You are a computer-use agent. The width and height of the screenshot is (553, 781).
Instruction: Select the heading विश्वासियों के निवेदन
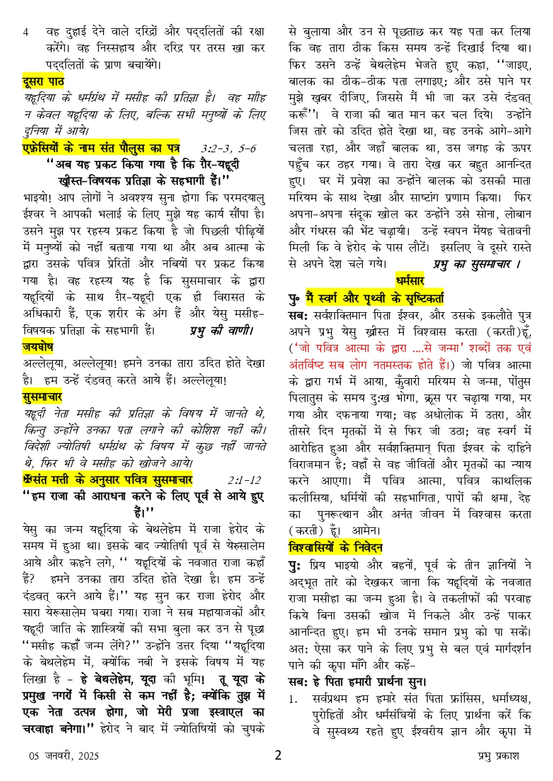[336, 547]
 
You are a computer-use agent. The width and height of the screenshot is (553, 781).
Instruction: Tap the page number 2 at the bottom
[278, 755]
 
